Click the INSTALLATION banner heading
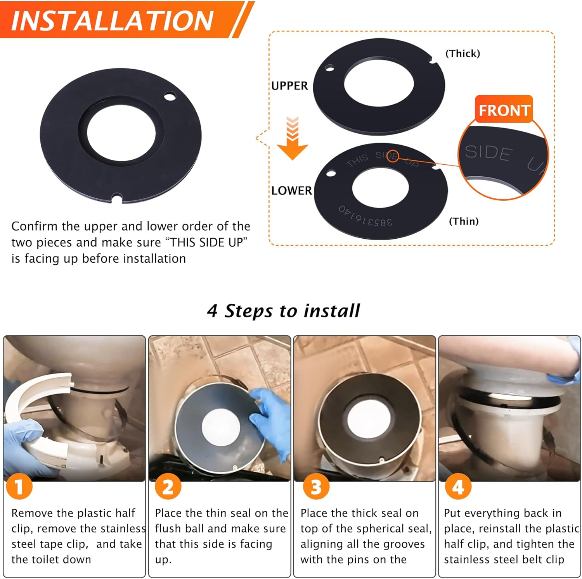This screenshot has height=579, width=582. [x=113, y=20]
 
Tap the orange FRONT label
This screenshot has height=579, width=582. [x=504, y=110]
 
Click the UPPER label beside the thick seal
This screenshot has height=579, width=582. [x=289, y=86]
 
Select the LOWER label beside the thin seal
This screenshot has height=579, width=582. [x=291, y=191]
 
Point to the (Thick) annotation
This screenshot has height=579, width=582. [x=462, y=53]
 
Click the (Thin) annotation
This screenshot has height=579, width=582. [x=464, y=221]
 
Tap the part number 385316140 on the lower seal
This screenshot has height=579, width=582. [x=365, y=216]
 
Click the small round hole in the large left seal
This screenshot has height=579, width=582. [x=170, y=96]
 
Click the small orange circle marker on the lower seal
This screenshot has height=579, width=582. [x=393, y=156]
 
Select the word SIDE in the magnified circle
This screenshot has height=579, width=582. [x=488, y=152]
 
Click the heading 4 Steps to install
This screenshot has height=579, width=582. [x=283, y=311]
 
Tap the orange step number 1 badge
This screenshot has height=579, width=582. [x=19, y=487]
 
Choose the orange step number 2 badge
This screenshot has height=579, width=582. [x=168, y=487]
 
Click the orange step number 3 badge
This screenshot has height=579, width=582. [x=316, y=487]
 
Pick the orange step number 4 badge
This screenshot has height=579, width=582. [x=458, y=487]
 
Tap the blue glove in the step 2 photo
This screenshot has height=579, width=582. [x=272, y=419]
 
